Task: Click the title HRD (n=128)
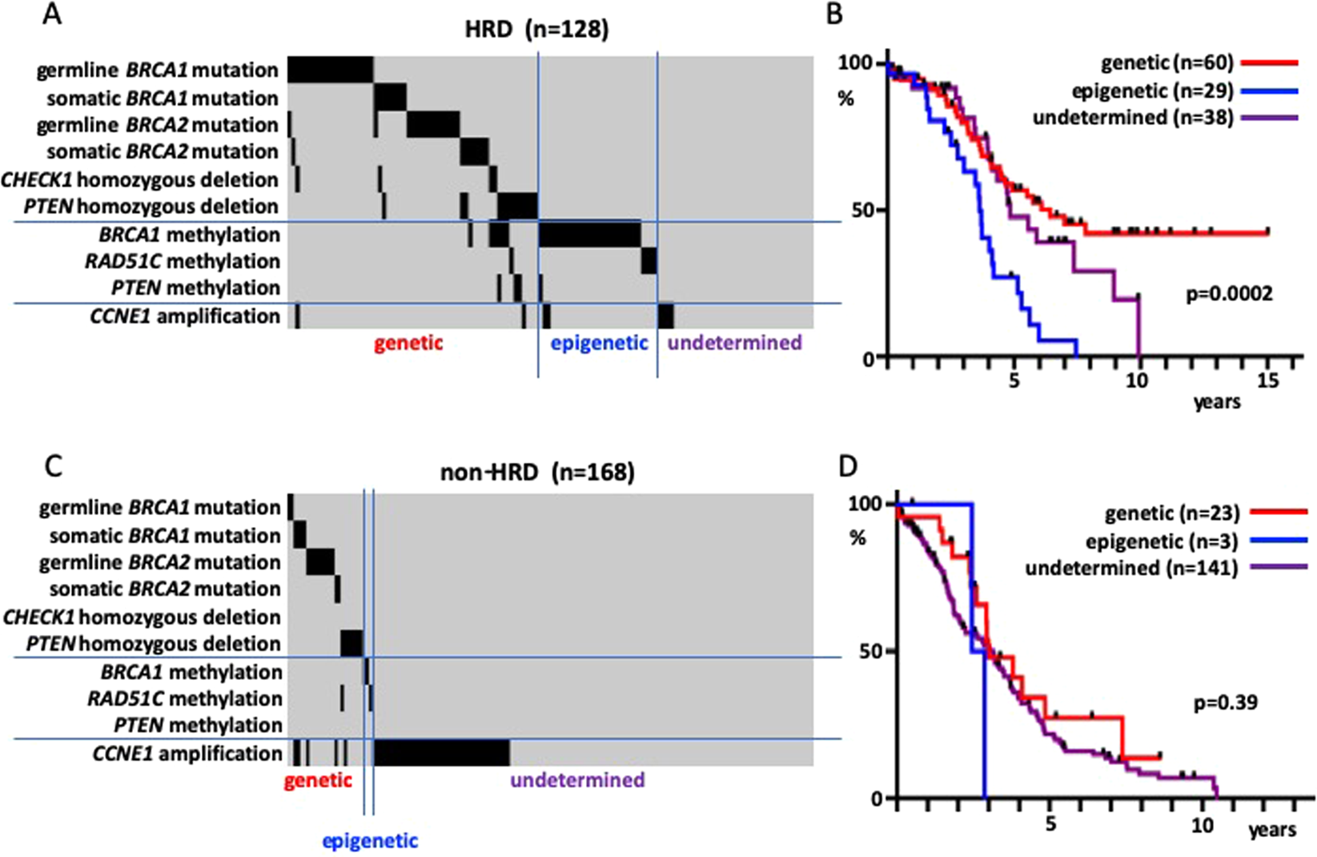(536, 30)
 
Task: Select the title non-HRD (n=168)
(536, 472)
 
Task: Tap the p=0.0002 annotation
(1229, 294)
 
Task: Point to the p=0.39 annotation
(1225, 703)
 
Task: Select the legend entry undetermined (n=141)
(1131, 568)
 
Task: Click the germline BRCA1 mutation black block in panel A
(330, 70)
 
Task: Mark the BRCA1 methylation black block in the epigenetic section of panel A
(589, 234)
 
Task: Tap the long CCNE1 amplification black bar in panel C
(441, 753)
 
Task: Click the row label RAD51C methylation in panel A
(183, 261)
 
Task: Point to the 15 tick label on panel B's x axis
(1267, 380)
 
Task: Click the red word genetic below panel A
(408, 344)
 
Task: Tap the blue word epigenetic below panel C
(370, 840)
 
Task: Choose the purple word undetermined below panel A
(734, 344)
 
